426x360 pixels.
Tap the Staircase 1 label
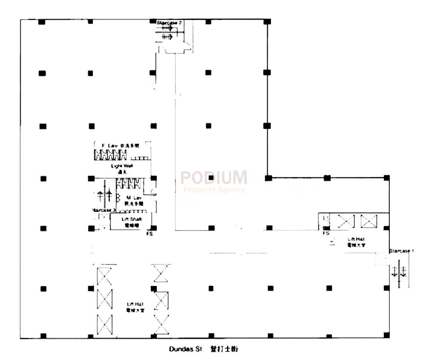401,251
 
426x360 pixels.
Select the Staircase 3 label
104,210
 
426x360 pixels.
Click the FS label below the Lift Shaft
150,234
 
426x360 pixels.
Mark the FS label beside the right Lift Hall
326,234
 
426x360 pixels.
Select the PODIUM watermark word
214,177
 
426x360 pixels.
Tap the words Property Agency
214,190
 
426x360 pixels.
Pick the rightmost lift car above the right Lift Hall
369,221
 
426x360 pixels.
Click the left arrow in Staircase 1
394,271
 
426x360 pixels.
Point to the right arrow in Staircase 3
109,196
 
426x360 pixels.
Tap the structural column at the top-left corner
41,22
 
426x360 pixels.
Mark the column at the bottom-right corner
386,335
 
